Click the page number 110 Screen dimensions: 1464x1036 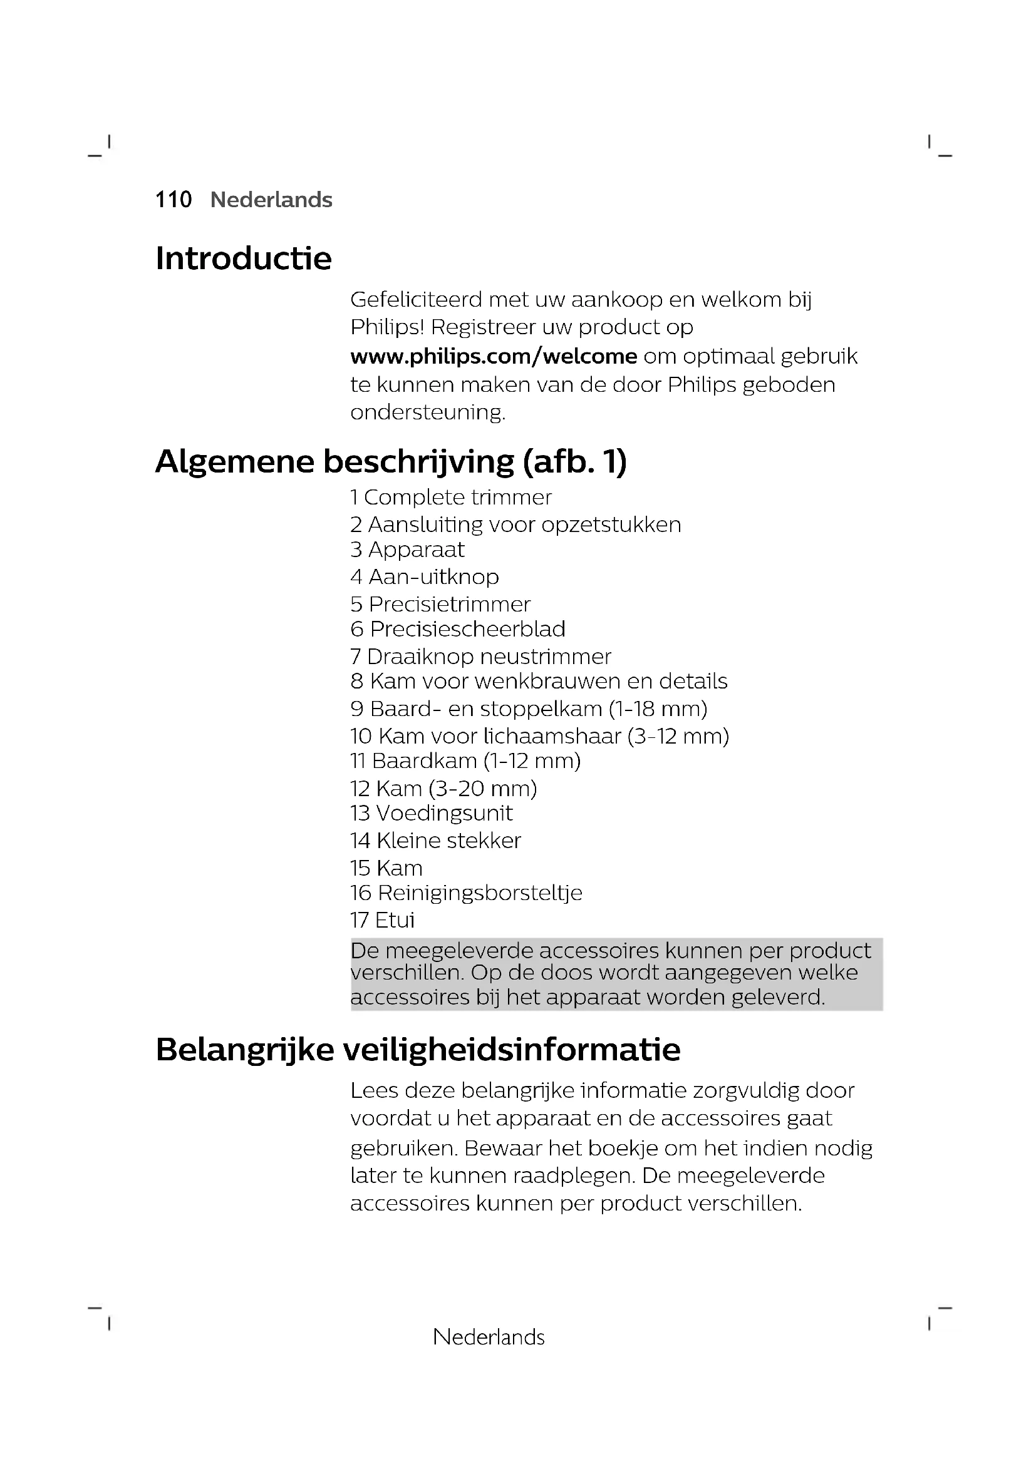tap(174, 200)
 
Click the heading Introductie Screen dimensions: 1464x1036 tap(244, 259)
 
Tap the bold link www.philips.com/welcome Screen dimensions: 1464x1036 tap(493, 356)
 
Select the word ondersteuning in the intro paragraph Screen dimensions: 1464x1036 tap(427, 412)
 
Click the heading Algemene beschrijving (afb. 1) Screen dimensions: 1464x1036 tap(391, 462)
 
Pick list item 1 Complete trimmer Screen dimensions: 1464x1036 tap(450, 498)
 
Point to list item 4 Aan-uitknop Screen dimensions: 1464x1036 tap(424, 577)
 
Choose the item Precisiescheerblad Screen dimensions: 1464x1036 tap(467, 629)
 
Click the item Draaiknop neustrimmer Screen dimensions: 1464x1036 tap(489, 657)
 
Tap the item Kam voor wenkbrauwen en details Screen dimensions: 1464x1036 tap(548, 682)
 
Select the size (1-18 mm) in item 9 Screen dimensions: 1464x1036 tap(658, 709)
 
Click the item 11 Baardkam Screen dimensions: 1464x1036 tap(465, 761)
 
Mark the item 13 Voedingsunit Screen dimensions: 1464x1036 tap(431, 814)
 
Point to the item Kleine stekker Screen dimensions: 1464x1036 tap(448, 841)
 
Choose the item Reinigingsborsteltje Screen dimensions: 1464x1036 tap(479, 893)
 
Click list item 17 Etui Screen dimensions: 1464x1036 tap(382, 920)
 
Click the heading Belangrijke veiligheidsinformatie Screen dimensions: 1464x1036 tap(418, 1050)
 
